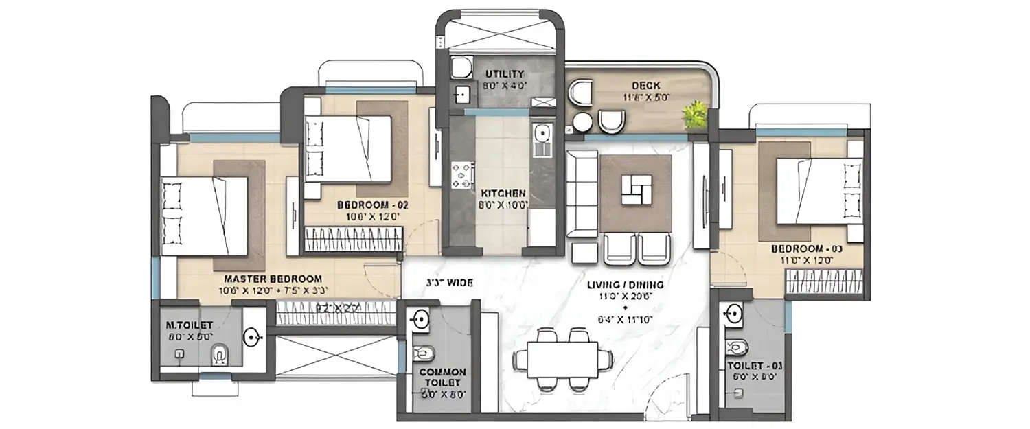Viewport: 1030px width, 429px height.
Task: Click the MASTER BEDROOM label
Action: coord(273,279)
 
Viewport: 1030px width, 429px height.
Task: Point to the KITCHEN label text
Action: coord(503,194)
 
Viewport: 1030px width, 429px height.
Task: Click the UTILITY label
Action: coord(505,73)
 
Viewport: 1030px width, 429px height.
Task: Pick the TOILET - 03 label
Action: coord(753,365)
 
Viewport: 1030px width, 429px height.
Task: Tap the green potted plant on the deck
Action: coord(695,115)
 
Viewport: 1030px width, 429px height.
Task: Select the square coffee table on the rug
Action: coord(635,190)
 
